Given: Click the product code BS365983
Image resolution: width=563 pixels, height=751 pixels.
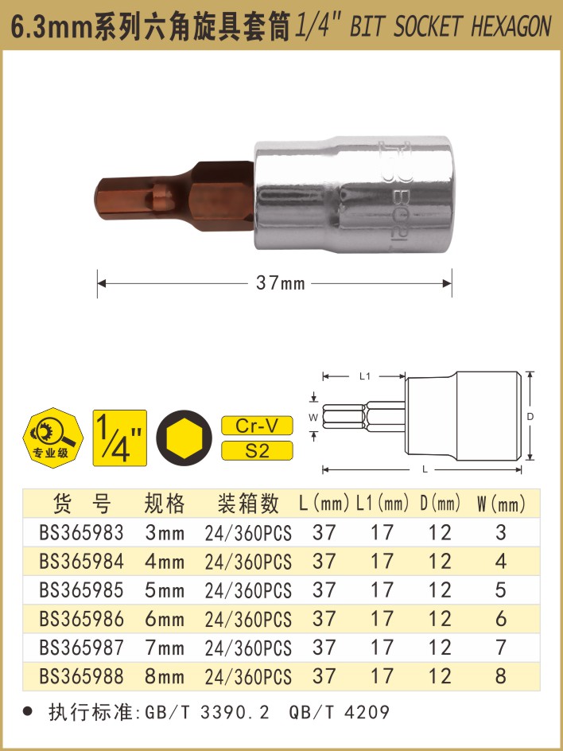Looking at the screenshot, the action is click(81, 532).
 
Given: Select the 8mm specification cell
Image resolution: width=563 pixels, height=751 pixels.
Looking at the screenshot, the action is click(164, 676).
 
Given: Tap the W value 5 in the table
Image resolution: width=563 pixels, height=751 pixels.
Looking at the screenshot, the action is click(501, 590).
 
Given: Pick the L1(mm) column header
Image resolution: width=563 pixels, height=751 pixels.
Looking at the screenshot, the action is click(382, 504).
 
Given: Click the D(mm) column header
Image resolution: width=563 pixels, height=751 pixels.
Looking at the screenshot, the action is click(440, 504).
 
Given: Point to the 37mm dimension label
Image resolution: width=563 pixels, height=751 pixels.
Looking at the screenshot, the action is click(280, 283).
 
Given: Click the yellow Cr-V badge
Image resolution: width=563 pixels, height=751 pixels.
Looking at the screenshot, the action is click(257, 426).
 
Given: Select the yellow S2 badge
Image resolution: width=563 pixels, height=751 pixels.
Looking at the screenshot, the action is click(257, 451).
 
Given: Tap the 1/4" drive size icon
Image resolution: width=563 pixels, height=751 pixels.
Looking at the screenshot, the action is click(120, 438).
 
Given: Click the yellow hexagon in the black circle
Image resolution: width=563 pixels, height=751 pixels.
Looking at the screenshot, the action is click(184, 438).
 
